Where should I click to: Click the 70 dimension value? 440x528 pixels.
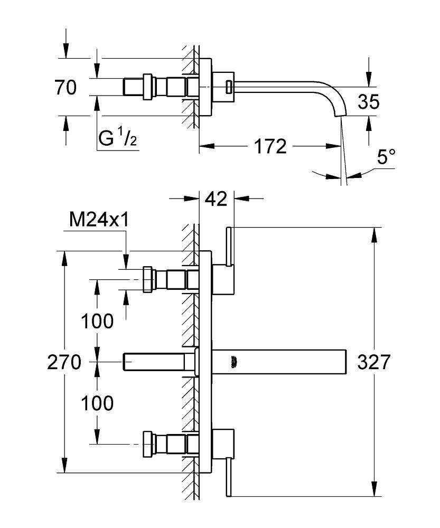[x=65, y=87]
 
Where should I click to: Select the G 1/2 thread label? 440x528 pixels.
[x=118, y=139]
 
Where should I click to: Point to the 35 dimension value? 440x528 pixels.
[x=368, y=101]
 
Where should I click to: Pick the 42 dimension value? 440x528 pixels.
[x=216, y=199]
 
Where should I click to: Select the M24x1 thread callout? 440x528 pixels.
[x=99, y=220]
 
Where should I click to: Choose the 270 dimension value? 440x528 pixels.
[x=63, y=362]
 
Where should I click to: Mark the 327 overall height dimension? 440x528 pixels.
[x=373, y=362]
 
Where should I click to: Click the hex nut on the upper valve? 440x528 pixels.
[x=148, y=279]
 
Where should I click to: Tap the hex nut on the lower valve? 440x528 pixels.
[x=148, y=445]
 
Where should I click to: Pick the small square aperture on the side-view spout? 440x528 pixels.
[x=229, y=87]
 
